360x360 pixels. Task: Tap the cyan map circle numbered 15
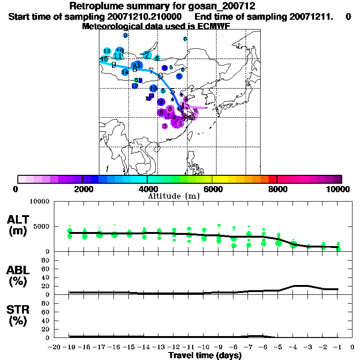[x=104, y=60]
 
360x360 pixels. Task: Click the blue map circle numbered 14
[x=125, y=72]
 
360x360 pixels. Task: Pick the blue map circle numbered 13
[x=135, y=86]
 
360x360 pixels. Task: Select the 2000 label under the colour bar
[x=82, y=189]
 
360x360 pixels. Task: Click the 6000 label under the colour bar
[x=212, y=189]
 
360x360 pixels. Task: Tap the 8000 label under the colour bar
[x=277, y=189]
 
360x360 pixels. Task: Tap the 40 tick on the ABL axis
[x=46, y=277]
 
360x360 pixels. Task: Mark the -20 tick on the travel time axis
[x=54, y=347]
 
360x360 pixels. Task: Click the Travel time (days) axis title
[x=205, y=355]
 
